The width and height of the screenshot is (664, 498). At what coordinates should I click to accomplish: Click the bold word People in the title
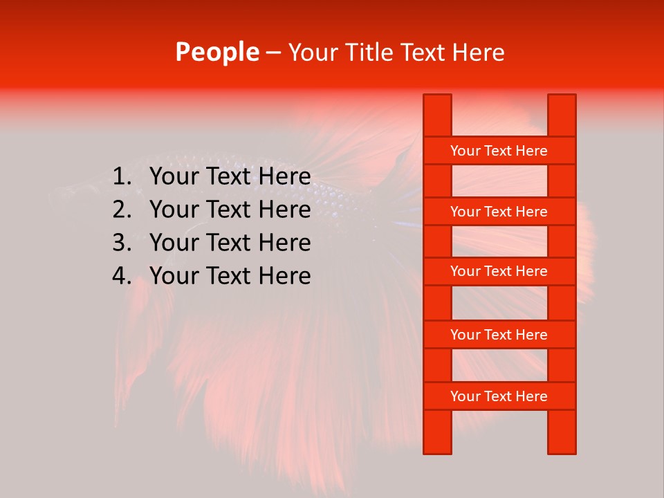pos(216,53)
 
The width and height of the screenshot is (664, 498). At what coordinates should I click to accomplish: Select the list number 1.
pos(122,177)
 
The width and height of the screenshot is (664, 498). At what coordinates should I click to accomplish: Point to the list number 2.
pos(122,210)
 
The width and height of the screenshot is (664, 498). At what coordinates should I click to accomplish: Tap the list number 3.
pos(122,243)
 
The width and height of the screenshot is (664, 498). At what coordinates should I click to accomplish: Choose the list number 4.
pos(122,276)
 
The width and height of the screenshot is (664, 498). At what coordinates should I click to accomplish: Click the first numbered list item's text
pos(230,177)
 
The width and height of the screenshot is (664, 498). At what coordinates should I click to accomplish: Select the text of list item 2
pos(230,210)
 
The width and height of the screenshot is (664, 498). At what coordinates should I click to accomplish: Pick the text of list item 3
pos(230,243)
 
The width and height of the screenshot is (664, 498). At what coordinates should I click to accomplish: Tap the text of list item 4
pos(230,276)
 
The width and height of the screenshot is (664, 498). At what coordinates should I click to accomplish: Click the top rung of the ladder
pos(499,151)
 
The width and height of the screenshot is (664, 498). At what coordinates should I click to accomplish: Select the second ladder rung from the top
pos(499,212)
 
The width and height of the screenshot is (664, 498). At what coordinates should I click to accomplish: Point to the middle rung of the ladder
pos(499,271)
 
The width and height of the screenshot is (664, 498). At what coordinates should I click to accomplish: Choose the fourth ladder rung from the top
pos(499,335)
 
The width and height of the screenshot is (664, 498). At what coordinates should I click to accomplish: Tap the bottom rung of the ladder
pos(499,396)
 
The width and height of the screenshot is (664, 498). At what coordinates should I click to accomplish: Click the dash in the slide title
pos(273,53)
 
